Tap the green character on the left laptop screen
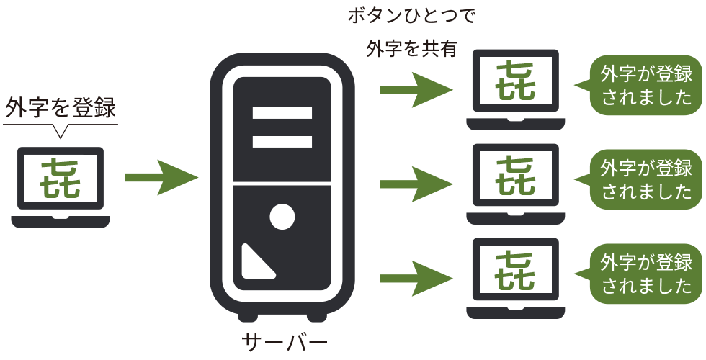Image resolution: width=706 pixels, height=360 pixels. point(61,178)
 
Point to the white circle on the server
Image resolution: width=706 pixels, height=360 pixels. point(282,217)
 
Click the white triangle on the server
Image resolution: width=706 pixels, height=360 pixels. point(255,264)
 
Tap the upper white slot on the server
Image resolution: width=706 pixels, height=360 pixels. point(282,113)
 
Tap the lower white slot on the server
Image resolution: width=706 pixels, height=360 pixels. point(282,142)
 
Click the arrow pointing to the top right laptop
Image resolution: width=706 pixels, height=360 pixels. point(416,89)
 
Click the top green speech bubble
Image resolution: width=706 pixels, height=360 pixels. point(645,86)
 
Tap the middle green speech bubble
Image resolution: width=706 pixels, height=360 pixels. point(645,179)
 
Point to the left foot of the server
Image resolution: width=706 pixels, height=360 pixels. point(246,316)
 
